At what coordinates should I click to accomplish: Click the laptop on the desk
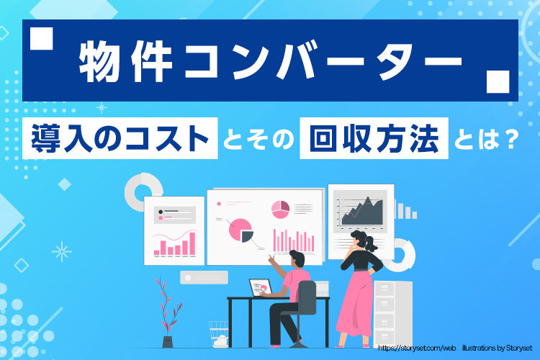[259, 287]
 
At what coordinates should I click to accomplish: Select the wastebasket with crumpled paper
[218, 334]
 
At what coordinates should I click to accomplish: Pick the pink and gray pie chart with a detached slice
[240, 230]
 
